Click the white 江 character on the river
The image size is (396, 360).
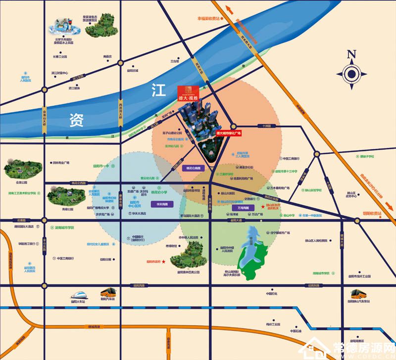158,91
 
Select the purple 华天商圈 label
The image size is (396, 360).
162,204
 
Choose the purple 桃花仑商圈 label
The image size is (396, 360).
191,168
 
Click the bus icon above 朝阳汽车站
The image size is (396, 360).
107,292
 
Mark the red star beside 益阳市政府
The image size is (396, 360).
164,262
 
